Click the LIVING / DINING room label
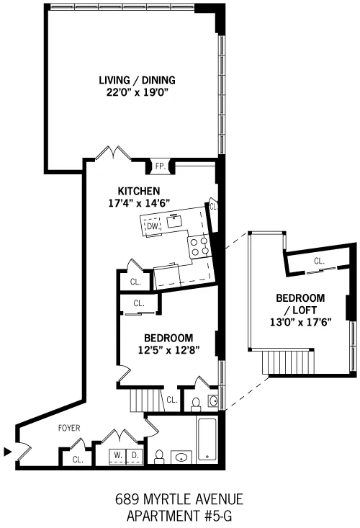coord(137,80)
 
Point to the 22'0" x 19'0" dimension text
coord(137,92)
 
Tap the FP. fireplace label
coord(161,166)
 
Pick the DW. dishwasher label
coord(153,226)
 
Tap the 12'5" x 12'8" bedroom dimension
coord(168,349)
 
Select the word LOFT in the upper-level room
coord(300,310)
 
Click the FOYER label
coord(69,428)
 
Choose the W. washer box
coord(117,456)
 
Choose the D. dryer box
coord(133,456)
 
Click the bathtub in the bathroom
coord(206,439)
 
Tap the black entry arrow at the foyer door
coord(8,452)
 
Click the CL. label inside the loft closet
coord(318,261)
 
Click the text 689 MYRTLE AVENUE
coord(180,498)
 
